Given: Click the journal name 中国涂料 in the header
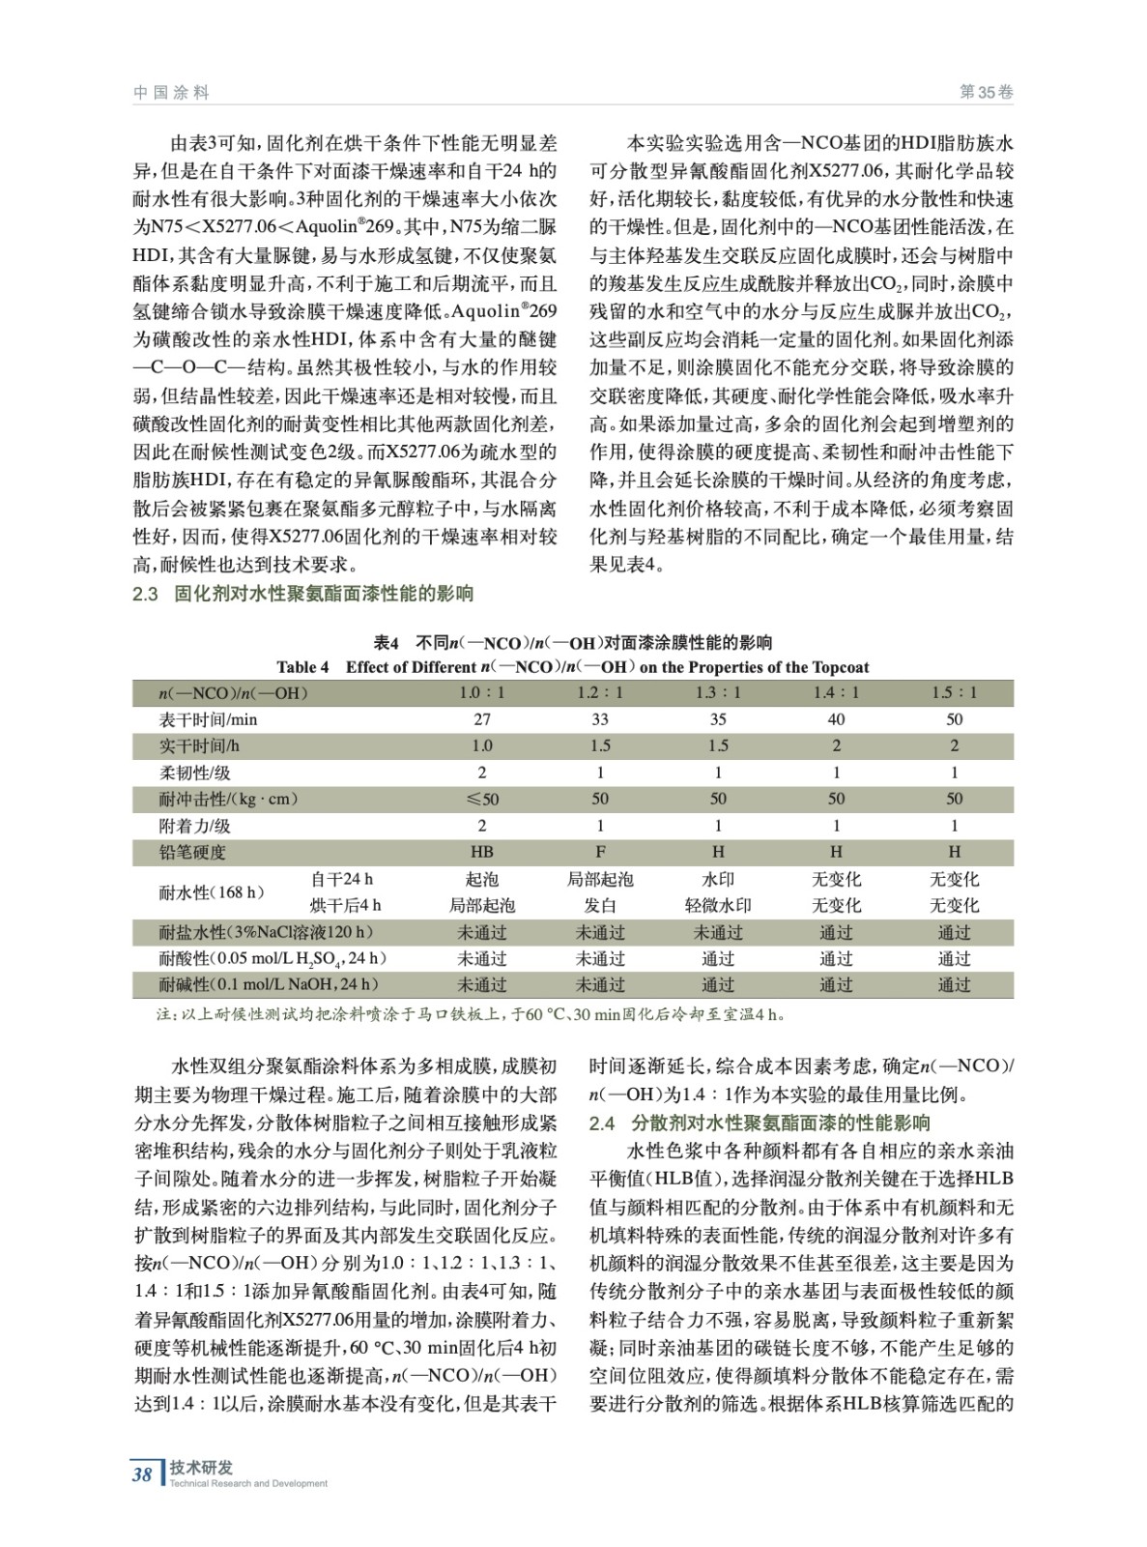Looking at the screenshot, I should tap(171, 93).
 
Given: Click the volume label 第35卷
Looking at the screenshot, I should tap(986, 93).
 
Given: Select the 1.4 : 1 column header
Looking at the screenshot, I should tap(836, 693).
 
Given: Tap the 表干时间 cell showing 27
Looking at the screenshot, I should tap(482, 719).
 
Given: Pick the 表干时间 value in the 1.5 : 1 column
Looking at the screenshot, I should tap(954, 719).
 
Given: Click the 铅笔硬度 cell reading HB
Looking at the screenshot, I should tap(482, 852).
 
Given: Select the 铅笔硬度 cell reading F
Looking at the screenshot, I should tap(600, 852).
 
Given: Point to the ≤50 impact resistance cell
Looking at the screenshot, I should tap(482, 799).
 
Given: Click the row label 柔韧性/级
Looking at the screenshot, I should tap(195, 773).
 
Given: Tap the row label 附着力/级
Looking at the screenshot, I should tap(195, 826).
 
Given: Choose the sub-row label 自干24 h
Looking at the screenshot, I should tap(341, 879).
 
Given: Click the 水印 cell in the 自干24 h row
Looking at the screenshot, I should tap(718, 879).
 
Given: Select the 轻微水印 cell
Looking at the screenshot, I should tap(718, 906).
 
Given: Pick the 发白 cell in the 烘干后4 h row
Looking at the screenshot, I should tap(600, 906).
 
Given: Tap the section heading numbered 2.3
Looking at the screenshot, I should tap(303, 594).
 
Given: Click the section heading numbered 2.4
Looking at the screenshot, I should tap(760, 1123).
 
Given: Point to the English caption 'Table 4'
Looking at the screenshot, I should tap(302, 667).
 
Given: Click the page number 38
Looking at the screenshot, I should tap(142, 1474).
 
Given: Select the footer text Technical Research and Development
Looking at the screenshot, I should tap(248, 1484).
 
